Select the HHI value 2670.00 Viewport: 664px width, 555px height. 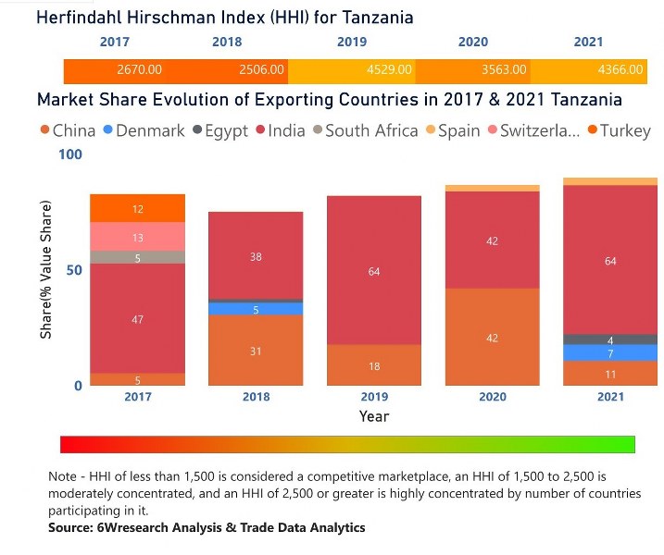point(140,69)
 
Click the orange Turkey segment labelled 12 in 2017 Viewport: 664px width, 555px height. point(137,209)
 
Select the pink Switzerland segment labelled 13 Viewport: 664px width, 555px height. point(137,237)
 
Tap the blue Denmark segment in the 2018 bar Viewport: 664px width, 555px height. point(256,309)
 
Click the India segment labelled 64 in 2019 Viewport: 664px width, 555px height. point(374,271)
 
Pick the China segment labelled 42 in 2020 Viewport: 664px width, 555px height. point(493,338)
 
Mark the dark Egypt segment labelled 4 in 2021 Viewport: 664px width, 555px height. point(610,339)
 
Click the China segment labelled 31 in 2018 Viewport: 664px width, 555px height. point(256,351)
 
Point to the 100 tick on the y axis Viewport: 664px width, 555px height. point(69,154)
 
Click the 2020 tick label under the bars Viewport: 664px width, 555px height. point(493,396)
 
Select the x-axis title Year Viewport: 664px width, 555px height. point(374,416)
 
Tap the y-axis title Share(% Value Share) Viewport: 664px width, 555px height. point(45,269)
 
